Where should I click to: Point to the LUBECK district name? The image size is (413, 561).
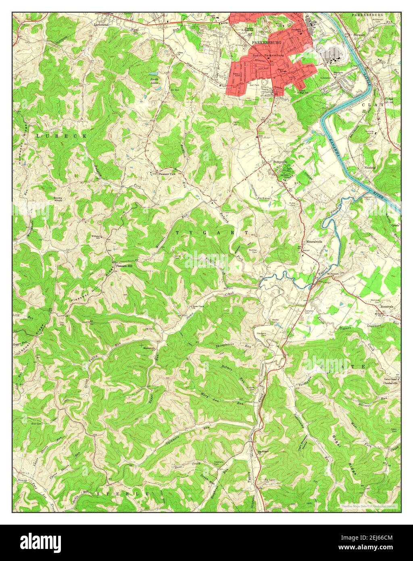(x=61, y=136)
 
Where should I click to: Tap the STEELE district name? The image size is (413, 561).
(x=123, y=494)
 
